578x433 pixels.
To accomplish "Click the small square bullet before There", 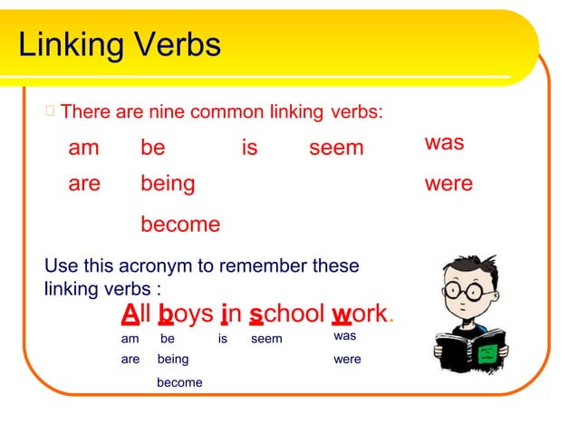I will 50,112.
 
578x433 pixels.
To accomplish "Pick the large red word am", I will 83,148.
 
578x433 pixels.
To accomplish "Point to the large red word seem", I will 336,148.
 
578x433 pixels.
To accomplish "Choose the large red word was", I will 444,143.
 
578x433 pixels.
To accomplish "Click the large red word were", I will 448,184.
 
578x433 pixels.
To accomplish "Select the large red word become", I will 180,225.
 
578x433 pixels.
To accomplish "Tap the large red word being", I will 168,184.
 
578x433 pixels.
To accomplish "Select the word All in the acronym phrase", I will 137,314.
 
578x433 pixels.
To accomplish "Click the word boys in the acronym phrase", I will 186,314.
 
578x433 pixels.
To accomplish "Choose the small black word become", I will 179,382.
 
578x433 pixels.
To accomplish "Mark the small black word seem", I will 266,339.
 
